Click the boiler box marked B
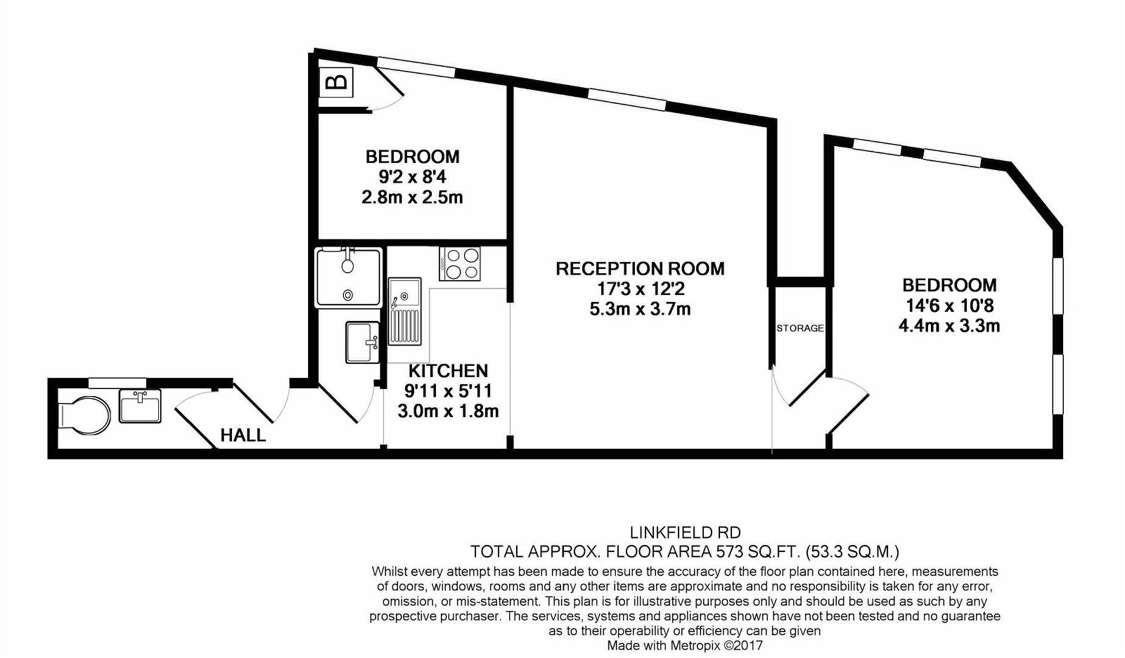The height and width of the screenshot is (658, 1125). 336,81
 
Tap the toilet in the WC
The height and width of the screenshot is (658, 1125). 85,416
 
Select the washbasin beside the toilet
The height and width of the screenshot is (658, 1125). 140,406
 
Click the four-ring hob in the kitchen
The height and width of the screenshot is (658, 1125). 460,263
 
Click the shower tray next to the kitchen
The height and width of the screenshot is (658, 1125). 348,277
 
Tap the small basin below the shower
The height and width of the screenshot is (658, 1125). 362,342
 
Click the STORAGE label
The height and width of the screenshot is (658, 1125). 800,328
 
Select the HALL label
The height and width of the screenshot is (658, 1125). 243,435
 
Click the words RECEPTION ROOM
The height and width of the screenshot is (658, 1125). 640,269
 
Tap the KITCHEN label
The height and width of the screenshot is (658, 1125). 448,370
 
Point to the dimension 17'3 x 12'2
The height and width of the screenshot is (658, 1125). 640,289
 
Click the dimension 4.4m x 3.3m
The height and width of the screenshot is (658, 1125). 949,326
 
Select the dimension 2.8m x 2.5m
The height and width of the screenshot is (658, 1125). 412,197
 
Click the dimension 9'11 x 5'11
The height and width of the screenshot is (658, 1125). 448,391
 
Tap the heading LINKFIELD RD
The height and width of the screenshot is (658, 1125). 685,533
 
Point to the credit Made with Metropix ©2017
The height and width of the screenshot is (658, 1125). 684,645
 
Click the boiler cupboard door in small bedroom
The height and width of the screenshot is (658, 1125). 388,88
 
